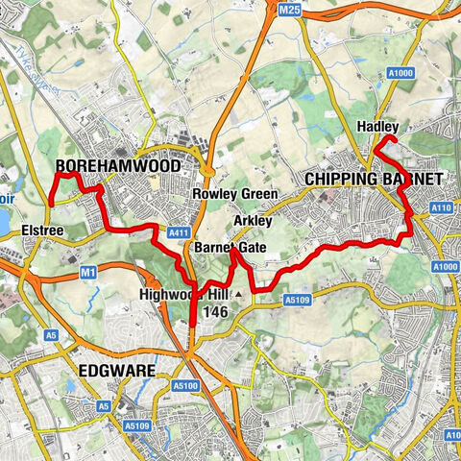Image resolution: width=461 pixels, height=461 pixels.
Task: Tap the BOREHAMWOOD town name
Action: tap(118, 165)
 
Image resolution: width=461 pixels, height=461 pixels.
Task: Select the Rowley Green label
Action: tap(235, 194)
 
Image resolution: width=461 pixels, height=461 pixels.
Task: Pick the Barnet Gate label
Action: tap(230, 248)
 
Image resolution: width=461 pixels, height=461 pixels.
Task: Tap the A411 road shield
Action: tap(177, 231)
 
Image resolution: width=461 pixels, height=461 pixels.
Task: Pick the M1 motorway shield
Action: tap(89, 273)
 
